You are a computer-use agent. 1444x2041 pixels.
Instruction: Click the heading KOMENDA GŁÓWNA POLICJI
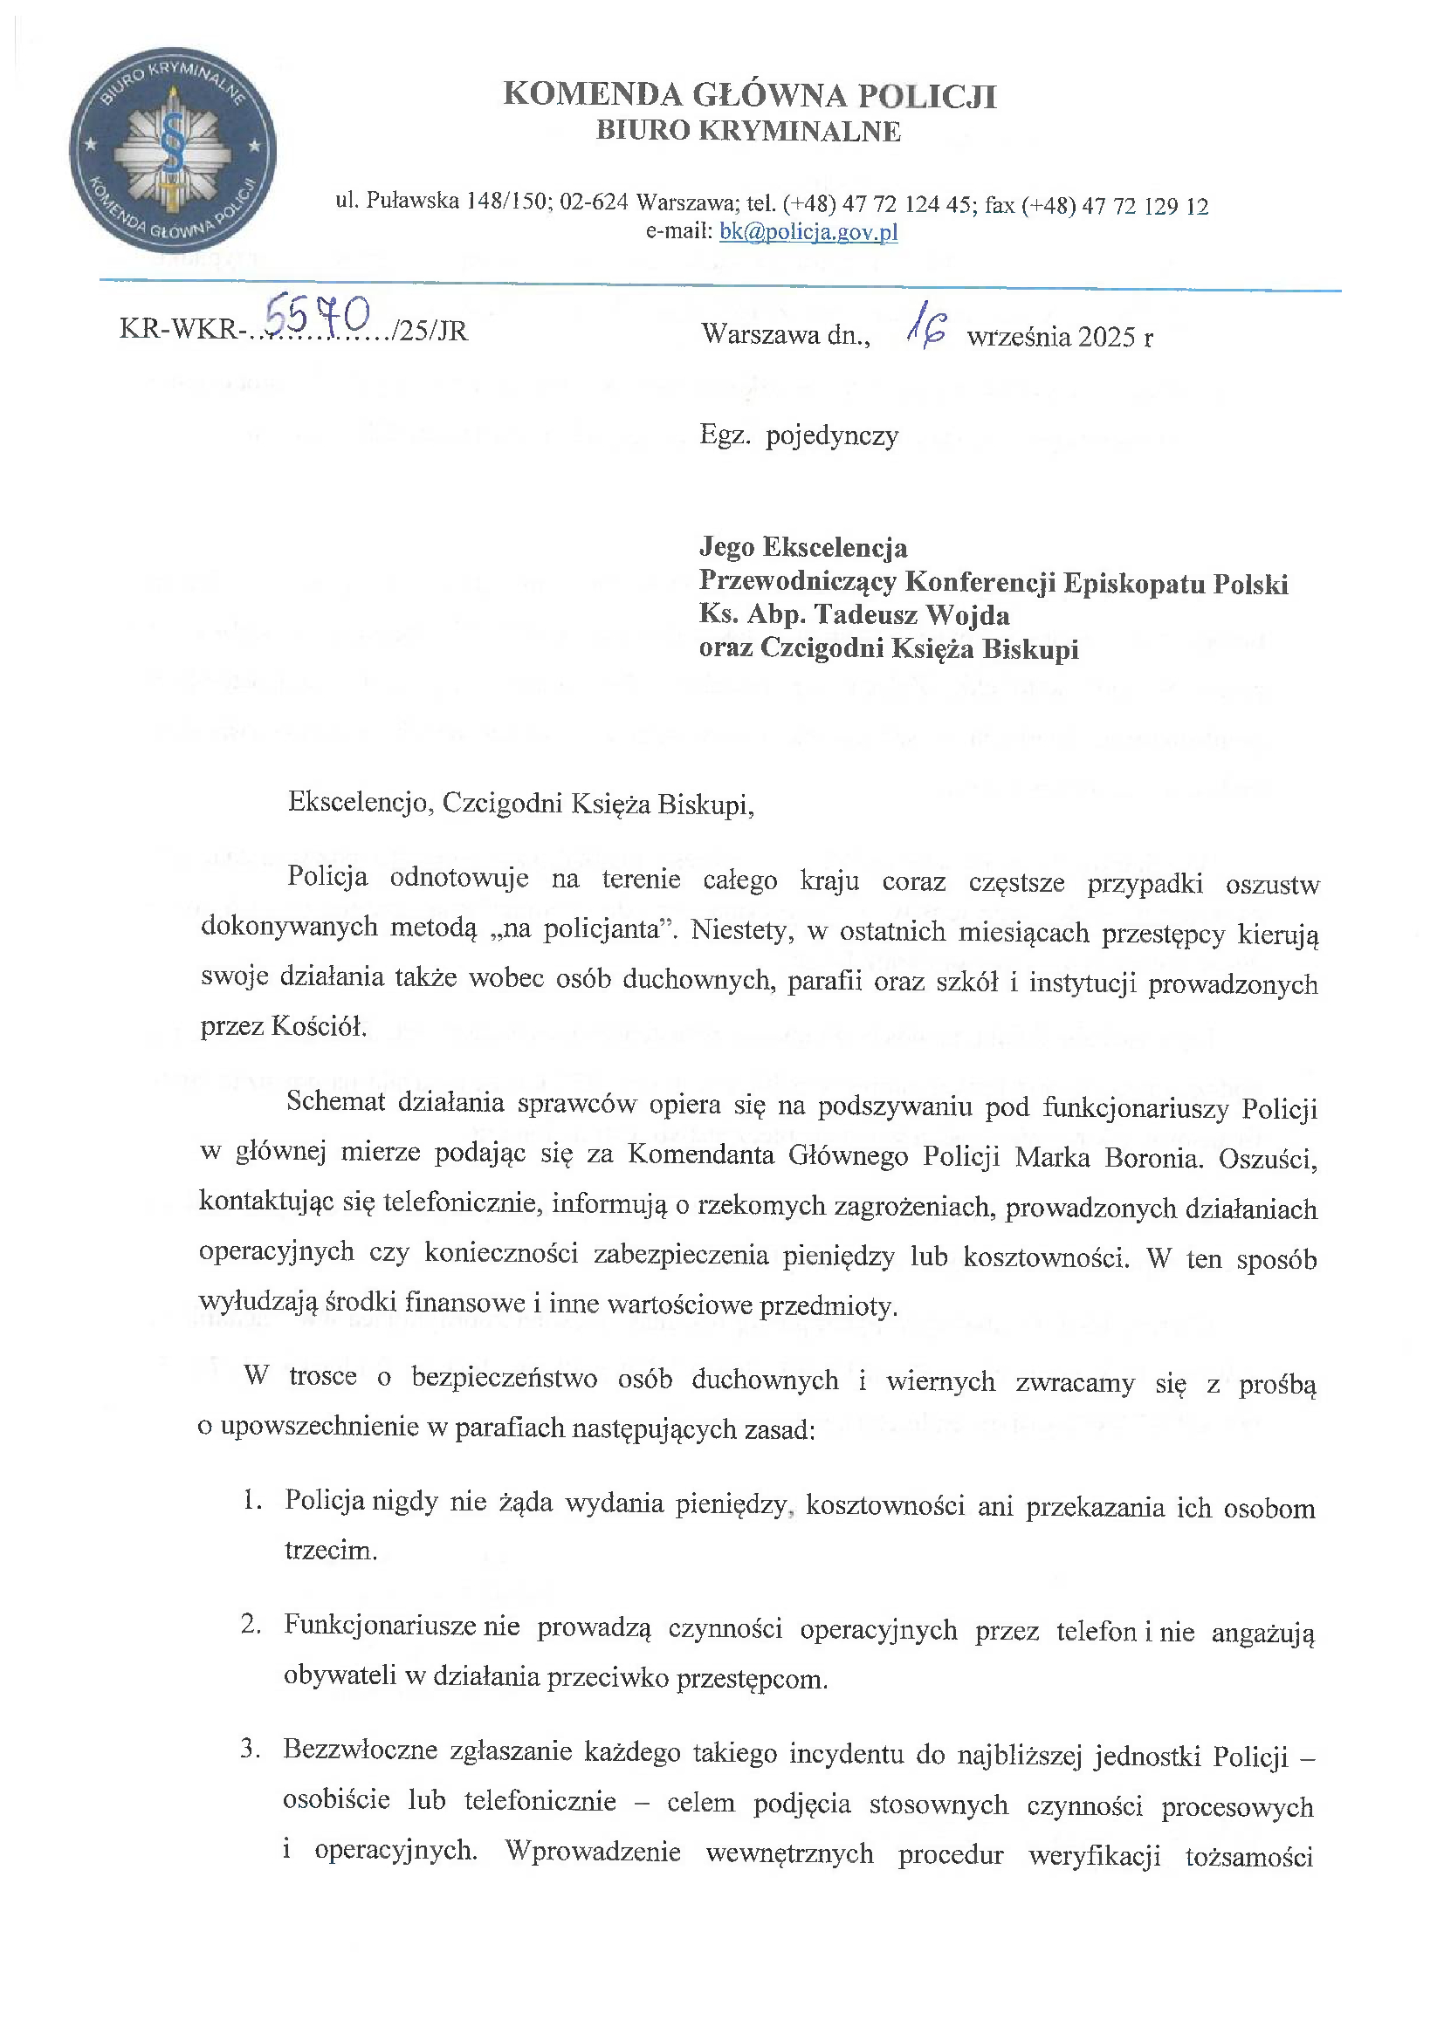[750, 95]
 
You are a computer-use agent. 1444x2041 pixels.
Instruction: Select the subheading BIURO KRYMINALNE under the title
[749, 132]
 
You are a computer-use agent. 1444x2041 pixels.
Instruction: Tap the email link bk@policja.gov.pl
[808, 232]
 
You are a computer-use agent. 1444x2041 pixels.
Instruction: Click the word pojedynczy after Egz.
[832, 435]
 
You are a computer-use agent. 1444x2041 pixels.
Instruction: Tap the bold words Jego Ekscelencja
[803, 548]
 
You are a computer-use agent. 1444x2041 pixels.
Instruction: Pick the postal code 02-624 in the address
[594, 202]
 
